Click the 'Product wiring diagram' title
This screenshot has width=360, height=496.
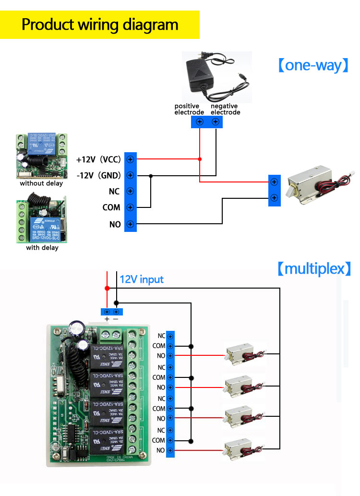[100, 24]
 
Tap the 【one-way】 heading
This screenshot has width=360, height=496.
[312, 65]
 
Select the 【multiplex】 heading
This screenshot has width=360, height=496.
[314, 268]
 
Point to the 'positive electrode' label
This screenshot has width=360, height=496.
[189, 109]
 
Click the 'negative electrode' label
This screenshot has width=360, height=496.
[225, 109]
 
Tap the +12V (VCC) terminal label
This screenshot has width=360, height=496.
[98, 159]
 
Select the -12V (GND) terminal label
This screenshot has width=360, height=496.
[98, 175]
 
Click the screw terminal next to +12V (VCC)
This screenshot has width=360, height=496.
[130, 159]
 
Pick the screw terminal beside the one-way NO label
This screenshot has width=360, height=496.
[130, 224]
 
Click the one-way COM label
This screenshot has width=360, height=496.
[111, 207]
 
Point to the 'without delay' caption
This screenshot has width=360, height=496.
[41, 183]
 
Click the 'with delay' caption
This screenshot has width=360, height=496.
[42, 248]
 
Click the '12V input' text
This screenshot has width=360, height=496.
[142, 279]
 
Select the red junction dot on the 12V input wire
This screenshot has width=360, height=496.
[107, 288]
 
